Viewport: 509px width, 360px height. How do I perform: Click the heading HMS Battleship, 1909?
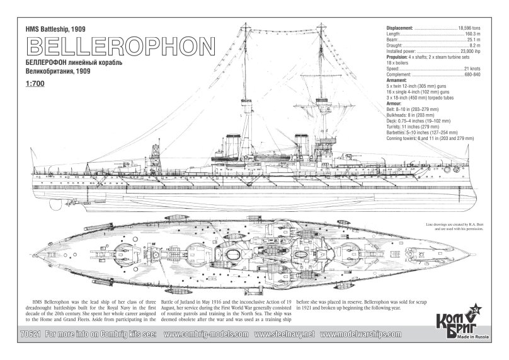[x=56, y=30]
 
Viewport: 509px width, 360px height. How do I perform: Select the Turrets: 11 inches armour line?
[x=416, y=125]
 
